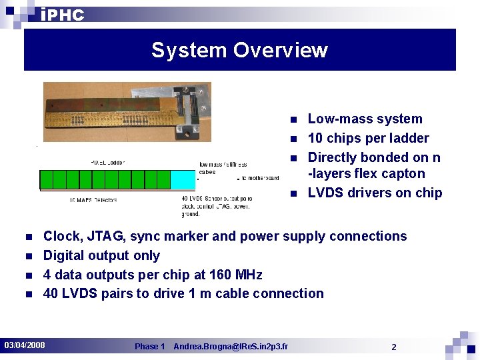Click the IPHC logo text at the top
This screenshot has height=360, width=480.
click(x=62, y=15)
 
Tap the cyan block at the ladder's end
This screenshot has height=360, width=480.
click(x=183, y=179)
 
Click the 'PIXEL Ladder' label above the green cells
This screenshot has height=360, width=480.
click(x=107, y=162)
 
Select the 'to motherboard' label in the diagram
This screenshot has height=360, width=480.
click(x=259, y=178)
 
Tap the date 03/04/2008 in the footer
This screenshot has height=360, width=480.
click(x=25, y=345)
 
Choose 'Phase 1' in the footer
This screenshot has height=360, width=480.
click(x=149, y=347)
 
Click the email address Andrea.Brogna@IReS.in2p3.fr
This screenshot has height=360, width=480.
click(x=231, y=347)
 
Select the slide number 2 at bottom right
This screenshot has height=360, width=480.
click(x=394, y=347)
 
